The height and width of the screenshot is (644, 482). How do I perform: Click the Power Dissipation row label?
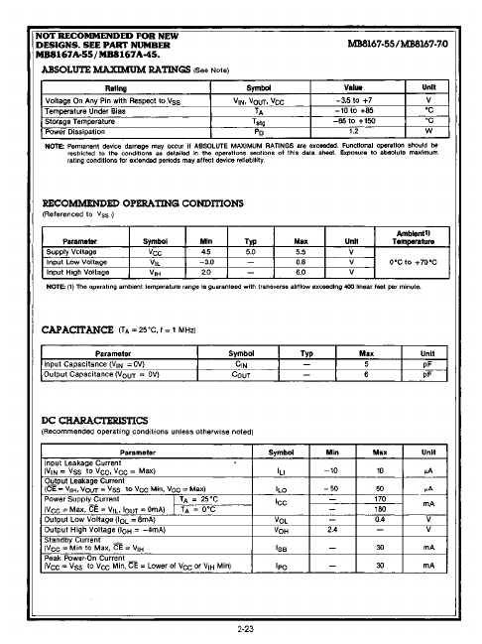point(82,130)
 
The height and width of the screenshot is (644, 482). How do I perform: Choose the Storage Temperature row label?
point(86,120)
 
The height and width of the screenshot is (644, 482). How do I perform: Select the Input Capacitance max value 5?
point(366,365)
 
